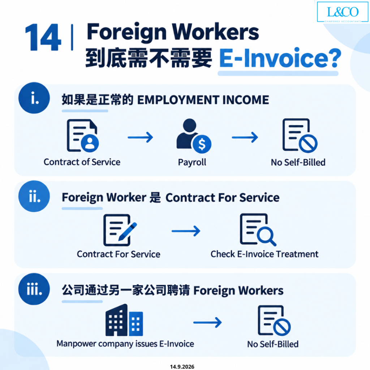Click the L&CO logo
(343, 12)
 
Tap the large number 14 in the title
(43, 37)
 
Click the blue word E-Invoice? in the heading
(280, 58)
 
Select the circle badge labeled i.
(34, 98)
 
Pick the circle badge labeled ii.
(34, 196)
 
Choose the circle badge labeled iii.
(34, 289)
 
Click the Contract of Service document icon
(83, 136)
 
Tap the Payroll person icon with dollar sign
(194, 136)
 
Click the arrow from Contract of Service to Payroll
(141, 137)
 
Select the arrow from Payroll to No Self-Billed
(245, 137)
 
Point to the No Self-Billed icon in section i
(300, 136)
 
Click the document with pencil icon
(120, 230)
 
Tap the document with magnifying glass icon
(258, 229)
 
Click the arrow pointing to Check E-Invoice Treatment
(186, 231)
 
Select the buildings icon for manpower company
(124, 320)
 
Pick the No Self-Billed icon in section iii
(274, 320)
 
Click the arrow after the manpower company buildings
(207, 323)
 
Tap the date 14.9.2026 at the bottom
(182, 367)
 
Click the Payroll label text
(192, 162)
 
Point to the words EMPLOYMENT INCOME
(203, 100)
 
